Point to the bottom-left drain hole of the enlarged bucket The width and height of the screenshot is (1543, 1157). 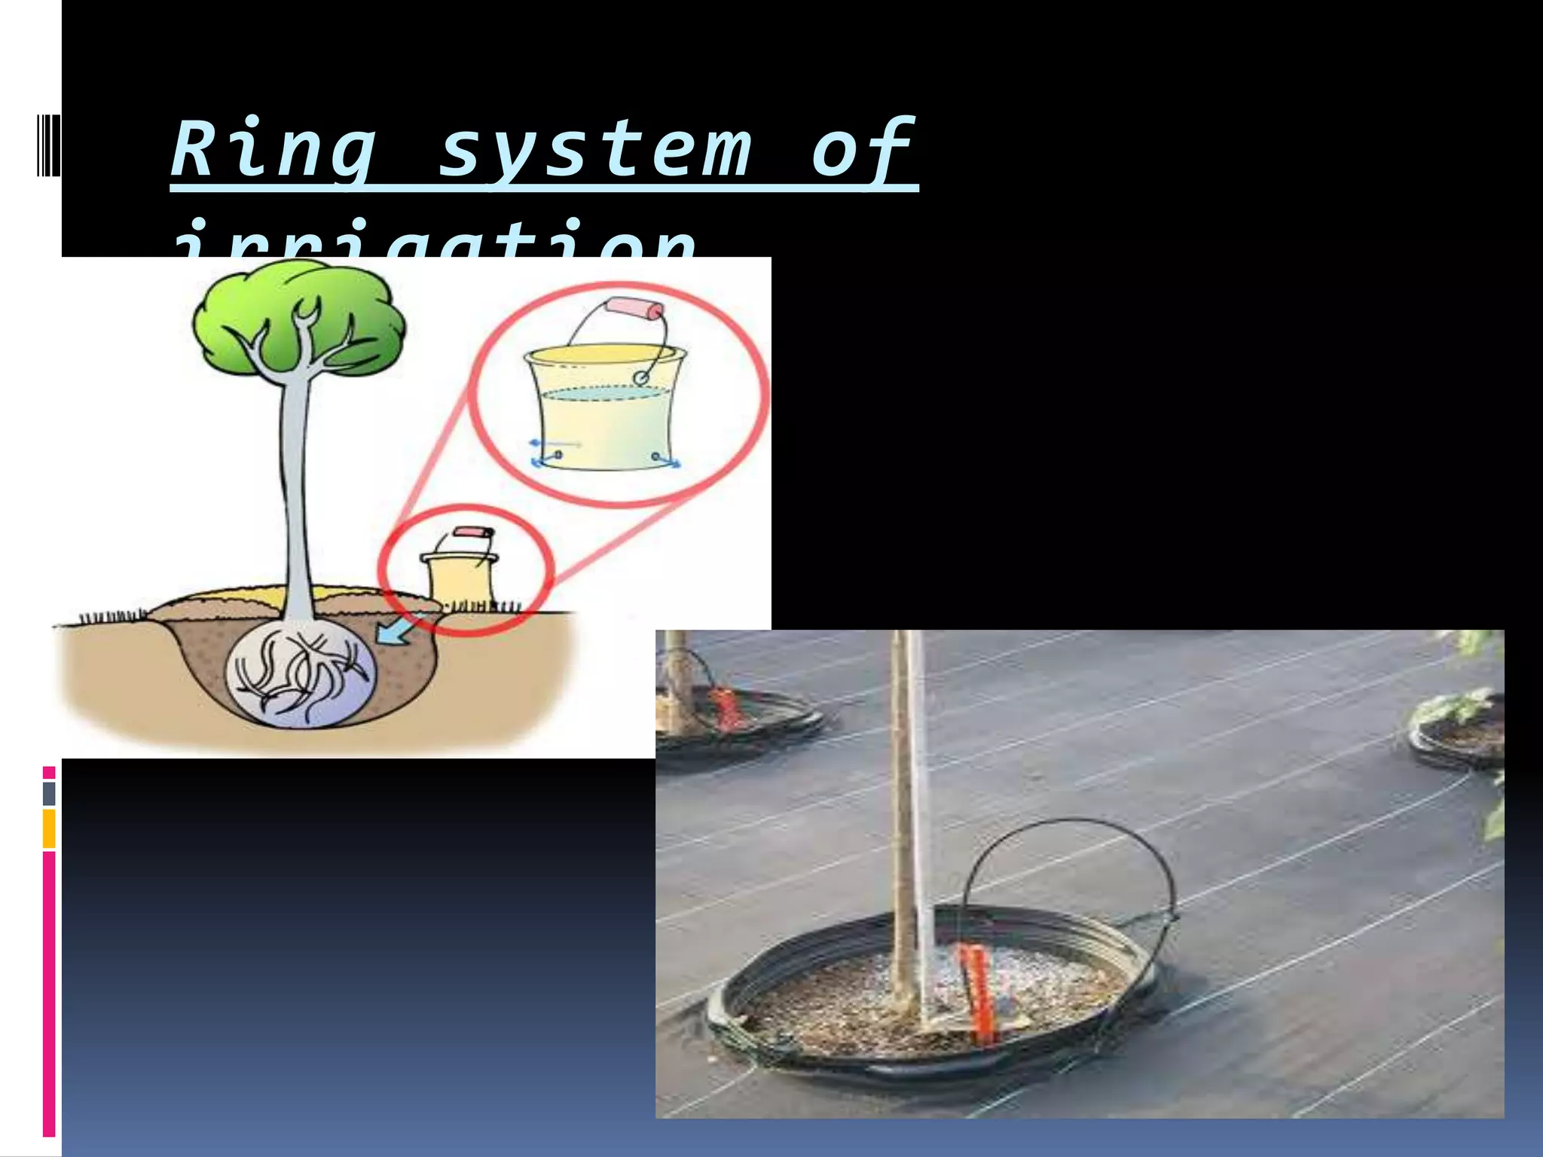tap(558, 454)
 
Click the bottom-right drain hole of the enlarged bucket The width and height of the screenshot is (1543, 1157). tap(655, 456)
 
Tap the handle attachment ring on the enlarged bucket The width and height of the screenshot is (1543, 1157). tap(641, 377)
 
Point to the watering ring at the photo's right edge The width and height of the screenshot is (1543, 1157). tap(1458, 734)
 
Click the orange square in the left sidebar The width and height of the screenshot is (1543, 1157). tap(49, 829)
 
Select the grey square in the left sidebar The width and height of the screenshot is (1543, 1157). tap(49, 793)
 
